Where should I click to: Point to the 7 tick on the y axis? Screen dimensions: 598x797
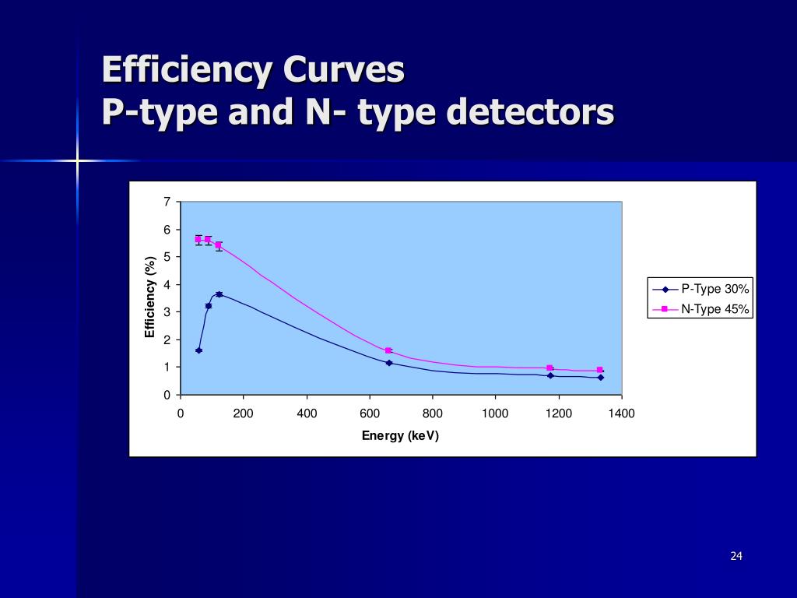[167, 202]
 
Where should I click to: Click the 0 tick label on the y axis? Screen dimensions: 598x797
[167, 395]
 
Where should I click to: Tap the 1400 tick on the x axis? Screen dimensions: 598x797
[622, 413]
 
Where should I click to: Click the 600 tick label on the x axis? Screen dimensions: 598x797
[370, 413]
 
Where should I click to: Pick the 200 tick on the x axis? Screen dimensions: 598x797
[244, 413]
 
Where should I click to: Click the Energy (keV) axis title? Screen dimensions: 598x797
[400, 435]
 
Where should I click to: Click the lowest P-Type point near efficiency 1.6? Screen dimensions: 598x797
[198, 350]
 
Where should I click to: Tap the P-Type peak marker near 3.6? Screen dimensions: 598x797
[219, 294]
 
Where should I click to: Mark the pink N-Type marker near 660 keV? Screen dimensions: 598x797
[388, 350]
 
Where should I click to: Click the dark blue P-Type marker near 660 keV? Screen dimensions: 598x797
[388, 363]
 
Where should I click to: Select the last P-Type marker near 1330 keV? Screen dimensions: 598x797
[600, 378]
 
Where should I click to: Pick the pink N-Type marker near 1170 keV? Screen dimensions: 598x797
[549, 368]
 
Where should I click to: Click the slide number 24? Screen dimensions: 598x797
[736, 556]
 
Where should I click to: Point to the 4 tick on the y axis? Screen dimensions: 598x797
[167, 285]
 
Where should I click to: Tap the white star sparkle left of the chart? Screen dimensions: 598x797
[78, 160]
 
